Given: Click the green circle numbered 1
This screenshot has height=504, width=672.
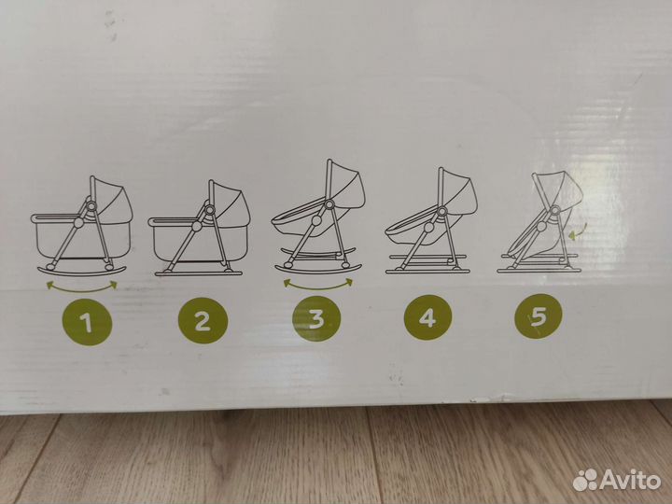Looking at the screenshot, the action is click(87, 322).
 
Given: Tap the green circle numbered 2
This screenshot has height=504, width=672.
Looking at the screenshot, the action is click(203, 320).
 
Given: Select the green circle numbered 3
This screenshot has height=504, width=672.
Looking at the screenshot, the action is click(316, 318).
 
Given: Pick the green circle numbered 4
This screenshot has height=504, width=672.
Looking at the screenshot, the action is click(427, 317).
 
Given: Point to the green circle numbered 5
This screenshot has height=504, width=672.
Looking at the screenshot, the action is click(539, 316).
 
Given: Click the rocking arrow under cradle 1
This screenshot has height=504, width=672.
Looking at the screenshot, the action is click(81, 289).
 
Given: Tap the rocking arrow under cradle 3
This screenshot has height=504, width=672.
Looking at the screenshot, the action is click(317, 287).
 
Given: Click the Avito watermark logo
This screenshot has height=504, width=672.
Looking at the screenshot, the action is click(617, 480).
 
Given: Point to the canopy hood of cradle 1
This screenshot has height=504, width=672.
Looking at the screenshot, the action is click(112, 200).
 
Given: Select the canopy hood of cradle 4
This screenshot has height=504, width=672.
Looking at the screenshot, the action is click(459, 192).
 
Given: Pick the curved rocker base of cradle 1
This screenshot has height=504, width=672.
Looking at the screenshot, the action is click(81, 272).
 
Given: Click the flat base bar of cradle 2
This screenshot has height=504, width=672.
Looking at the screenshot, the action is click(199, 273).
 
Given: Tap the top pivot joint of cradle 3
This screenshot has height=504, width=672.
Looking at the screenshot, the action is click(329, 204).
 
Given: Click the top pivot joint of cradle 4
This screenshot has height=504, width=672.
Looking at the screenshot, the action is click(441, 211).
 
